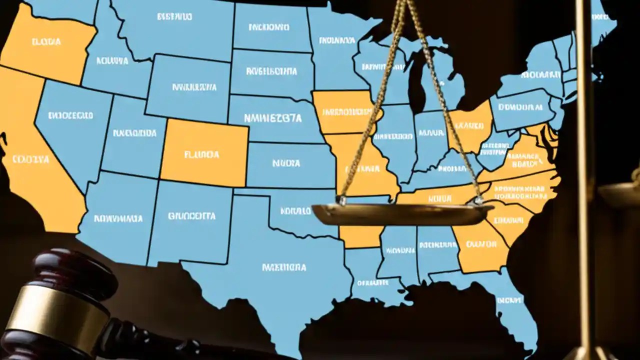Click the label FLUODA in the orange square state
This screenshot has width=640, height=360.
click(x=201, y=155)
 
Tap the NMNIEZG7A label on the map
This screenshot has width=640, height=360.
click(x=272, y=118)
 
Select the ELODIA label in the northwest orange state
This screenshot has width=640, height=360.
click(x=46, y=42)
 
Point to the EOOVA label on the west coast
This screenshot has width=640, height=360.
click(x=31, y=159)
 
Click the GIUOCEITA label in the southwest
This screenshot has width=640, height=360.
click(x=192, y=216)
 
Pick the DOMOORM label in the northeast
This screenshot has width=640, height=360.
click(x=520, y=107)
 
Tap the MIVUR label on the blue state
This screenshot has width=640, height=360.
click(x=431, y=133)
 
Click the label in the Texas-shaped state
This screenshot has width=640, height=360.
click(x=283, y=267)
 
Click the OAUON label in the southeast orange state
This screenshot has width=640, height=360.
click(x=480, y=244)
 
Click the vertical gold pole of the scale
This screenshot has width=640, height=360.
click(x=584, y=150)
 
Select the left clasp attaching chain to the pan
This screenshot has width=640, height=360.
click(x=341, y=199)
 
